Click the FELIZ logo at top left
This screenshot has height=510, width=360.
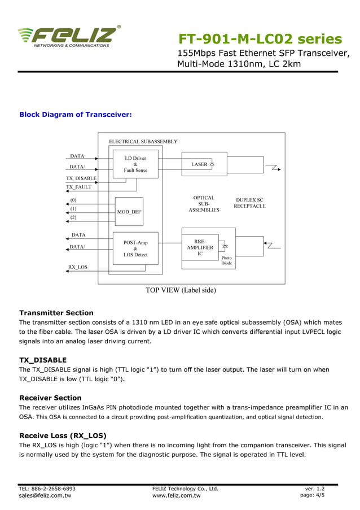(69, 36)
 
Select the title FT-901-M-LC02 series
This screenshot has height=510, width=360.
(260, 39)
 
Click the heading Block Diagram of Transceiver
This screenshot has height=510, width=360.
(76, 115)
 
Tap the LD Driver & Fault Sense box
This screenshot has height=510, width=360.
(135, 164)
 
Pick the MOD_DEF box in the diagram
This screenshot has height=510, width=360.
(129, 212)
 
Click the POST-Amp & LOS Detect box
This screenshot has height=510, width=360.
(135, 249)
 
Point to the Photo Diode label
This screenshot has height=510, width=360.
(226, 260)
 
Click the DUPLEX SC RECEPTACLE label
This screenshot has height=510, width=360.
(249, 203)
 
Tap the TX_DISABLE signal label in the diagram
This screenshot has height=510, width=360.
(81, 178)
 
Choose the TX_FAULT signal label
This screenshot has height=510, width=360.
(78, 187)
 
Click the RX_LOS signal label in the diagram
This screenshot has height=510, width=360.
(78, 267)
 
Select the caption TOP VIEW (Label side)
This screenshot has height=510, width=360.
(181, 290)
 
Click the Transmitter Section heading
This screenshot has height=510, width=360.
(56, 313)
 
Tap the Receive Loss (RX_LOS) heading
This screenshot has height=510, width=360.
(63, 435)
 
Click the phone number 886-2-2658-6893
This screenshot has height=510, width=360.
(54, 489)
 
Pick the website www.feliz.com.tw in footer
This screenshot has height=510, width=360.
(177, 496)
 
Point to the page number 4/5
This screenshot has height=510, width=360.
(319, 496)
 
